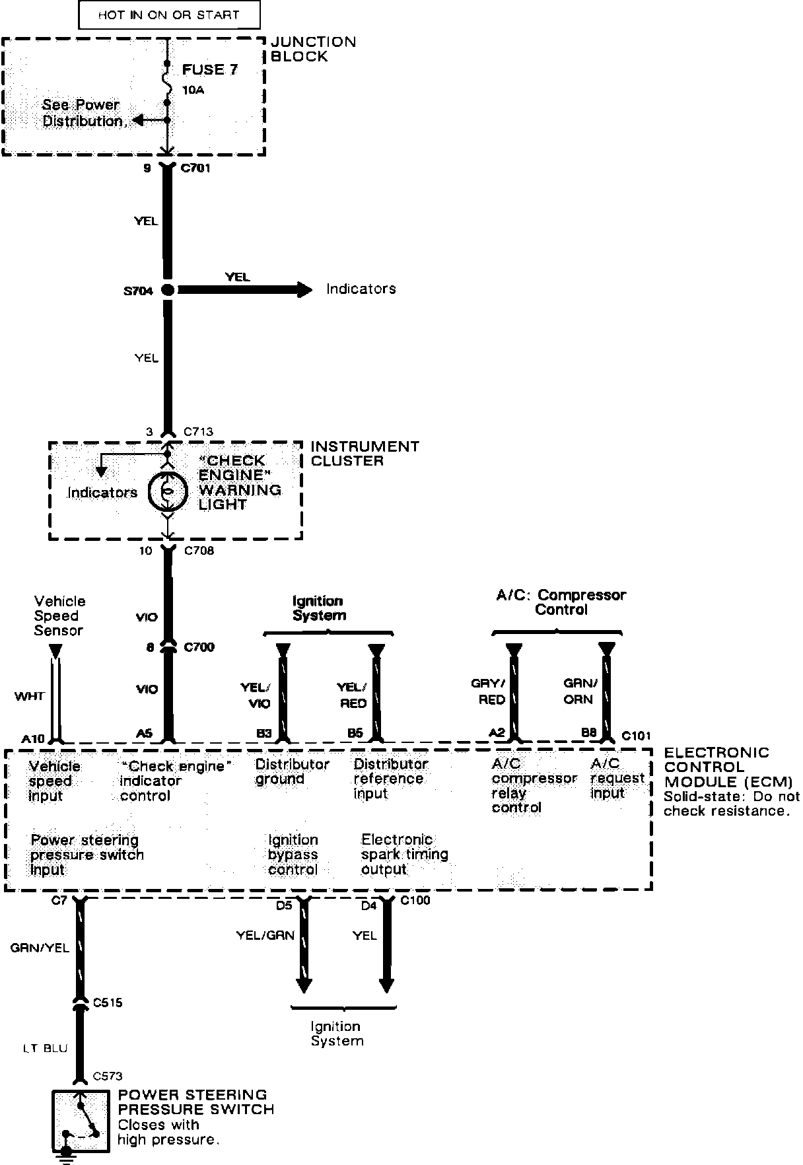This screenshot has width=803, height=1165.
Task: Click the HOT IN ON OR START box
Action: pyautogui.click(x=169, y=15)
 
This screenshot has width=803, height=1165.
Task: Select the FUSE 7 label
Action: pyautogui.click(x=210, y=70)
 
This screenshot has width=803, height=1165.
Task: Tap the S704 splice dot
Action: pyautogui.click(x=168, y=289)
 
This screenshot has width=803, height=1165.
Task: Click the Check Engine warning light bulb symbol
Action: pyautogui.click(x=168, y=492)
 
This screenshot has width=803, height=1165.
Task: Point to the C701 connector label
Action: pyautogui.click(x=195, y=168)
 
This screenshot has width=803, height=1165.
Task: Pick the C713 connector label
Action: pyautogui.click(x=198, y=432)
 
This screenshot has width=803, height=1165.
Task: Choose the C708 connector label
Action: pyautogui.click(x=199, y=551)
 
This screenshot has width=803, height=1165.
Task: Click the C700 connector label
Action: pyautogui.click(x=199, y=647)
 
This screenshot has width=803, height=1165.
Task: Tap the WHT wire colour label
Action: pyautogui.click(x=30, y=696)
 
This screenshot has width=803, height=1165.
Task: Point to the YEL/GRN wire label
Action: pyautogui.click(x=265, y=935)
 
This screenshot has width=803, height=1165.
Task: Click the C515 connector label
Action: pyautogui.click(x=108, y=1003)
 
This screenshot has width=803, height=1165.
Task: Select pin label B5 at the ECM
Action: pyautogui.click(x=355, y=733)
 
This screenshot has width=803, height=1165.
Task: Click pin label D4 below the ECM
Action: pyautogui.click(x=368, y=906)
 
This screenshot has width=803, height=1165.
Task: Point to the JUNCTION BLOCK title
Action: pyautogui.click(x=314, y=49)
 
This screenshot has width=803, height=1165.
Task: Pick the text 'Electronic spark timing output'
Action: pyautogui.click(x=404, y=855)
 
